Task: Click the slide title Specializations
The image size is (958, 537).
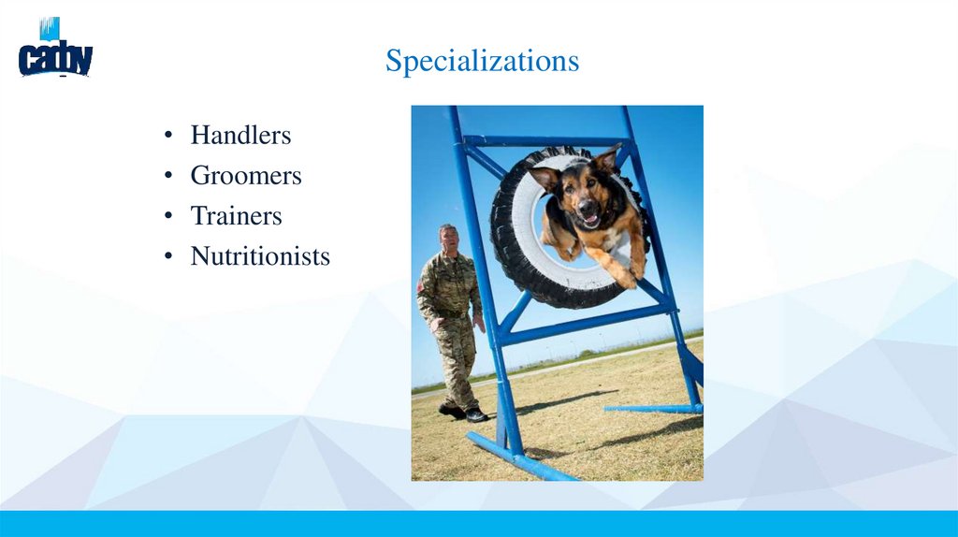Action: click(x=482, y=61)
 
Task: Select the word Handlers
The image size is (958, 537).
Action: click(x=240, y=136)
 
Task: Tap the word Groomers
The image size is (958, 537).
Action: click(x=245, y=176)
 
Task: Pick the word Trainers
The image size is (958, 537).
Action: click(x=236, y=216)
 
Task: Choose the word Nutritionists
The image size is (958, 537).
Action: click(x=260, y=256)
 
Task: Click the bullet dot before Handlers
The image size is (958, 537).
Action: click(x=167, y=137)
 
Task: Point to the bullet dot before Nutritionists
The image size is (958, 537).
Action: click(x=167, y=257)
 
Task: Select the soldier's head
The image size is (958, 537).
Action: click(x=448, y=237)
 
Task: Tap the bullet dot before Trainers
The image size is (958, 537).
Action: click(x=167, y=217)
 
